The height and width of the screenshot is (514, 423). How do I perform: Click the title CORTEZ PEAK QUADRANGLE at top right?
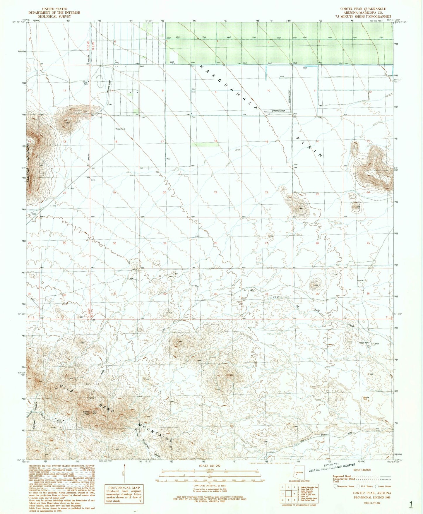(x=363, y=9)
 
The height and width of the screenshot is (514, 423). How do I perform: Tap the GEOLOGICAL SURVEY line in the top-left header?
(x=54, y=17)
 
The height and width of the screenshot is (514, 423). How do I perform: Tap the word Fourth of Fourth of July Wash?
(x=278, y=297)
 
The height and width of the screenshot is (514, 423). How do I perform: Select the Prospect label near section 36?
(x=361, y=280)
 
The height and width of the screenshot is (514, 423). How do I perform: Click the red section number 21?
(x=216, y=192)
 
